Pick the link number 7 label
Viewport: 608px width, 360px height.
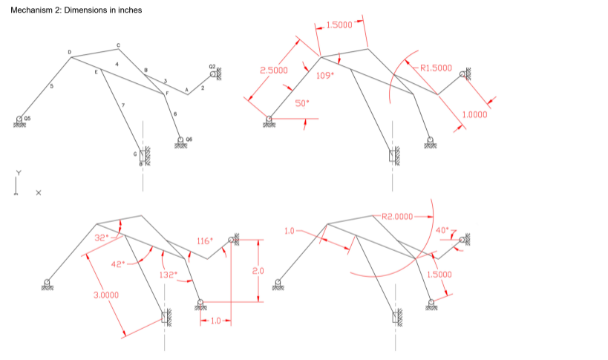[x=122, y=106]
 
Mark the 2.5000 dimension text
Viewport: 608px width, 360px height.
[x=273, y=70]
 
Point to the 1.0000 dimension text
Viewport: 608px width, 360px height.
[x=474, y=115]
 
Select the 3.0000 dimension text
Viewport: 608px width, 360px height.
[x=105, y=295]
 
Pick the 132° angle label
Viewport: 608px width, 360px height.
[x=169, y=275]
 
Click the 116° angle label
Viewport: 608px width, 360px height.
[x=205, y=241]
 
